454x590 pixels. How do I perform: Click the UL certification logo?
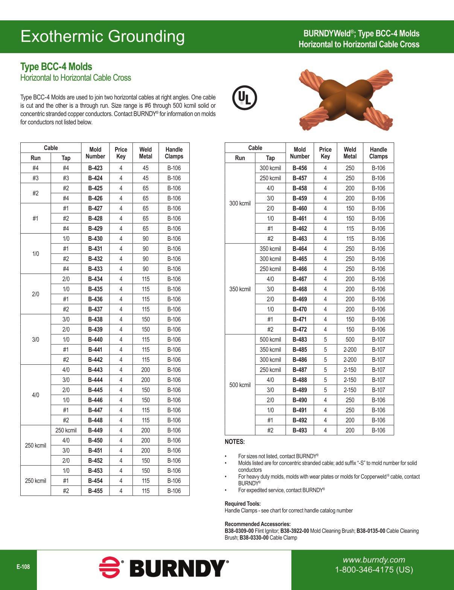click(245, 98)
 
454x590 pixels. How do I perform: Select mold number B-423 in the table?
click(95, 168)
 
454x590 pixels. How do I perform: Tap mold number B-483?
click(300, 339)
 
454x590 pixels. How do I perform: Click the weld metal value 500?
click(350, 339)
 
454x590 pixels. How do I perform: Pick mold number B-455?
click(95, 491)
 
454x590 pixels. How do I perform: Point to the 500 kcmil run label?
click(240, 385)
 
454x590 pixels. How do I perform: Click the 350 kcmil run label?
click(240, 289)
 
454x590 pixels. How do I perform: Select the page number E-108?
click(23, 567)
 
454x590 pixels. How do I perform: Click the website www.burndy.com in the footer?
click(373, 560)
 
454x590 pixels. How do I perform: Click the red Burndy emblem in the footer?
click(110, 567)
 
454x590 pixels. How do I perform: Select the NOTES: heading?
click(235, 442)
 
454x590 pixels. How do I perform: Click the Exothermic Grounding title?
click(102, 37)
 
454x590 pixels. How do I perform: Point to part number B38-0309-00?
click(239, 531)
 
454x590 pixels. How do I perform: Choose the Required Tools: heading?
click(242, 504)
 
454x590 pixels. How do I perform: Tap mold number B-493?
click(300, 430)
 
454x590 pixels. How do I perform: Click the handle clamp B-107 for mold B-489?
click(378, 390)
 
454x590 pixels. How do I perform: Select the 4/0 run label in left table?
click(35, 395)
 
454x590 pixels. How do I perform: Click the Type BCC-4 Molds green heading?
click(56, 67)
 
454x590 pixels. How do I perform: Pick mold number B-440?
click(95, 339)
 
